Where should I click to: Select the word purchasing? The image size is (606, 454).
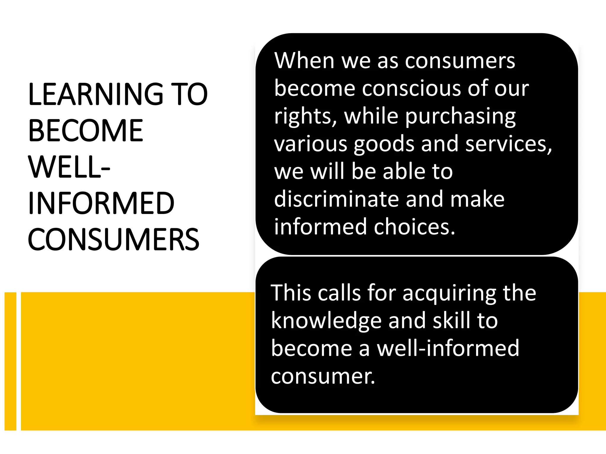pyautogui.click(x=460, y=116)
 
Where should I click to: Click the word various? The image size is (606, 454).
pyautogui.click(x=310, y=144)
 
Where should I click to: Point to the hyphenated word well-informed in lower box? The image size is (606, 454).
pyautogui.click(x=448, y=348)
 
